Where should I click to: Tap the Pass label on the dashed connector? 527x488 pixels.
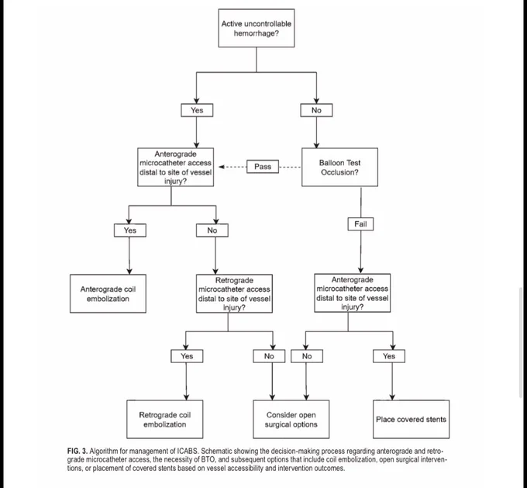pos(263,167)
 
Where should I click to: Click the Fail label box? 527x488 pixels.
pos(360,224)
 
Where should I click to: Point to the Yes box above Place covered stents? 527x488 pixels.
pos(389,356)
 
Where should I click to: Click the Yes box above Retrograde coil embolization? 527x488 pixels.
pos(187,356)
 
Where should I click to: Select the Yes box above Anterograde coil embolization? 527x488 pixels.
pos(130,230)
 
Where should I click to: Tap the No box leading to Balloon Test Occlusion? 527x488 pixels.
pos(316,110)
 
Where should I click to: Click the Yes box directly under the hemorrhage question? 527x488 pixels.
pos(197,110)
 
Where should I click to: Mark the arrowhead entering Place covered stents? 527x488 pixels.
pos(392,397)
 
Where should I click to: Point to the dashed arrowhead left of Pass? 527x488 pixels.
pos(222,167)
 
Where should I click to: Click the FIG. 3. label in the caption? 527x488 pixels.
pos(77,452)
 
